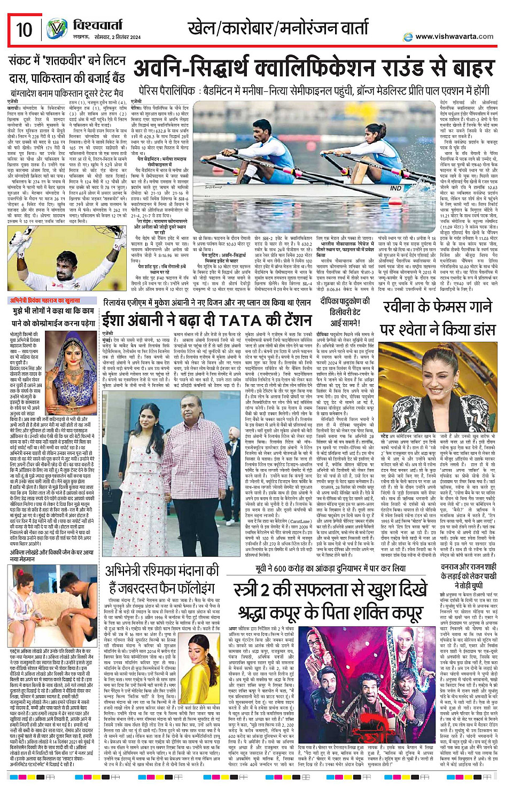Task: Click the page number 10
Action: tap(24, 29)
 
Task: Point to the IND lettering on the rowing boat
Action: tap(395, 189)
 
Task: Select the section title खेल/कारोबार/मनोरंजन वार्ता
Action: tap(277, 27)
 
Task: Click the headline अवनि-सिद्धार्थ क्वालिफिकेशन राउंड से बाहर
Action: tap(314, 68)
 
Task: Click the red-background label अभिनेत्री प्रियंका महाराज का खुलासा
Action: tap(51, 301)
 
